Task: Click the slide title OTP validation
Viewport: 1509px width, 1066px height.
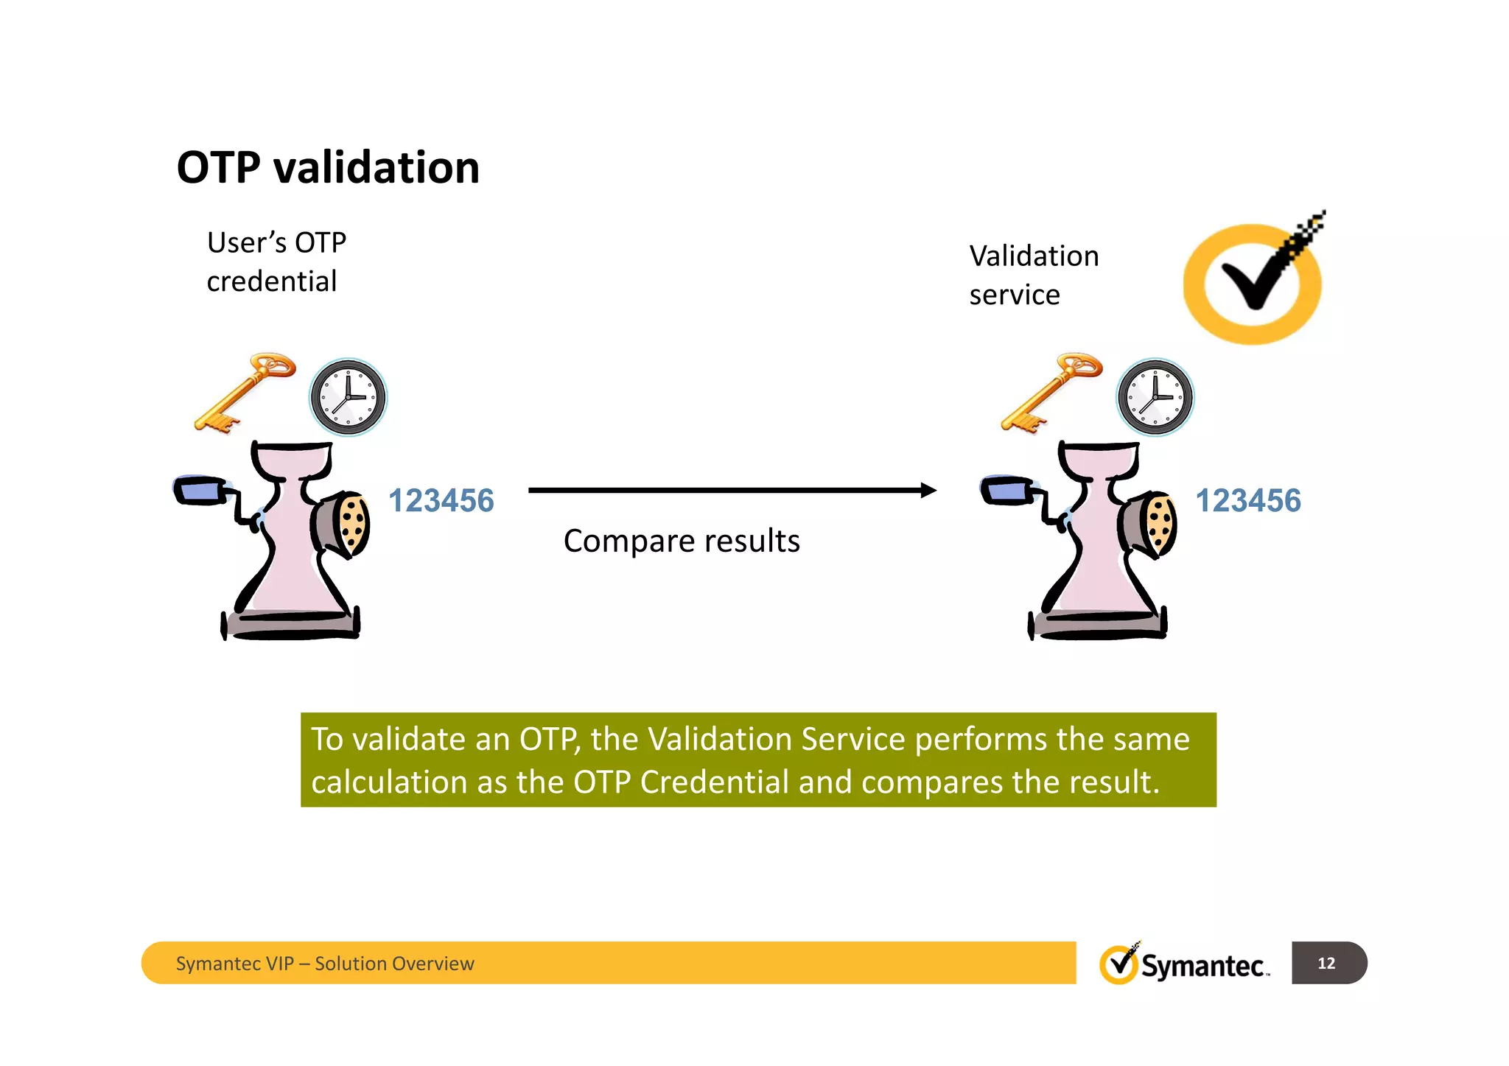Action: (x=328, y=167)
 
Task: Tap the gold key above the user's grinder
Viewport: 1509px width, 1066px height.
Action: (x=245, y=392)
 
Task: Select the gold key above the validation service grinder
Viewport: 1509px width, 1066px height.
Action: (x=1051, y=392)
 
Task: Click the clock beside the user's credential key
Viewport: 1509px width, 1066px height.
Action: (x=348, y=397)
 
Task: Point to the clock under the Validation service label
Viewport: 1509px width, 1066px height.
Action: (x=1155, y=397)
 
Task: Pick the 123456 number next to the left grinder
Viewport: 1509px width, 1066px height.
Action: (x=441, y=501)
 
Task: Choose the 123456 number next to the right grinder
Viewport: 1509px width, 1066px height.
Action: (x=1247, y=501)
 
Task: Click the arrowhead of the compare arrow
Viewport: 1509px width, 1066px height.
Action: (x=928, y=490)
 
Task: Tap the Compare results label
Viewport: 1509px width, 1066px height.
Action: (x=682, y=541)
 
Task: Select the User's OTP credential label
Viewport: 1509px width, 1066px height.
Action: (x=276, y=262)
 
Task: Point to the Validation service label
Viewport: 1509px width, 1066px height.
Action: (x=1034, y=275)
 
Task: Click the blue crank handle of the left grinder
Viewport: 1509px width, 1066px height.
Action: (x=199, y=490)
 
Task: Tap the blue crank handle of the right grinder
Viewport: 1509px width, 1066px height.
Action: (x=1006, y=490)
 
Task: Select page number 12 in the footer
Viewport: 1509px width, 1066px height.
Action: (x=1326, y=963)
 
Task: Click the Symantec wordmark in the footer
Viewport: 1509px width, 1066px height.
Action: (x=1203, y=965)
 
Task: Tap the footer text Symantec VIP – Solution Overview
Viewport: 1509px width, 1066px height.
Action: (x=325, y=964)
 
